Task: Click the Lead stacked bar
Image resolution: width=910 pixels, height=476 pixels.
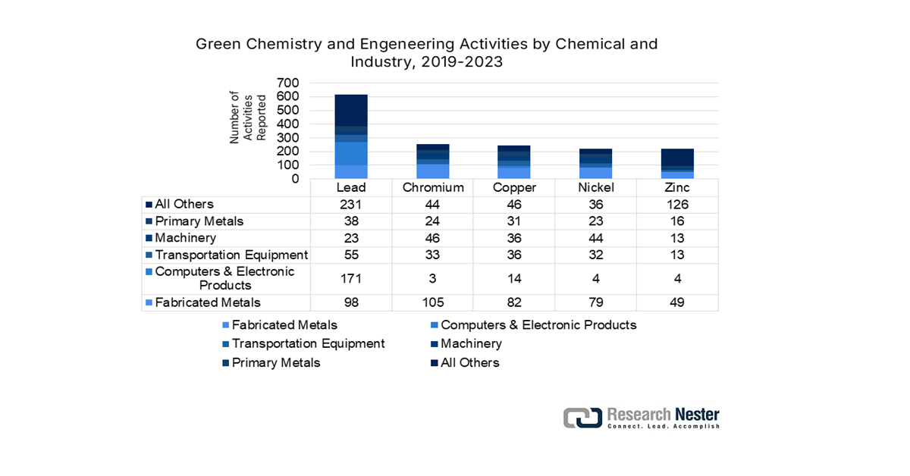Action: (x=351, y=136)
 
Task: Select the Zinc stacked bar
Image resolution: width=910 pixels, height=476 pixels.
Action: (x=677, y=164)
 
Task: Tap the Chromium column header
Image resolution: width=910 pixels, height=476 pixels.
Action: (x=432, y=187)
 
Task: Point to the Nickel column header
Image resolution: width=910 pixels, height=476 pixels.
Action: (x=595, y=187)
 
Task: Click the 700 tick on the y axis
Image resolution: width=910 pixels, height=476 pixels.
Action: (x=289, y=83)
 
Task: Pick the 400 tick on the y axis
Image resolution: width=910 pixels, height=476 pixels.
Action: (x=289, y=124)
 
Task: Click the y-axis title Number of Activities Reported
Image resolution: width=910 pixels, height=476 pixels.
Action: (x=247, y=117)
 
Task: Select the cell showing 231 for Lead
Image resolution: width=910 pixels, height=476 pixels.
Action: (x=351, y=205)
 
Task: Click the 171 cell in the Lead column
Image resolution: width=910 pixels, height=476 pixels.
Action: (x=351, y=279)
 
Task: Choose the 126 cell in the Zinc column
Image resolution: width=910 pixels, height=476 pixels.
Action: (x=677, y=205)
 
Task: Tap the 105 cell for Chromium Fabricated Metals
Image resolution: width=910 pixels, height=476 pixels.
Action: (x=432, y=303)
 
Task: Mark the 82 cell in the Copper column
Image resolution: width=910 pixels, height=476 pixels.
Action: (x=514, y=303)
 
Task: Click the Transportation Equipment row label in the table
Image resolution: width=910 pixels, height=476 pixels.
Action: (x=231, y=255)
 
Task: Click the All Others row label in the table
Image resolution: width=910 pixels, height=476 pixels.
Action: (x=184, y=204)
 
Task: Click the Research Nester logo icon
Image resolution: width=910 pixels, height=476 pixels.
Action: (x=582, y=418)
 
